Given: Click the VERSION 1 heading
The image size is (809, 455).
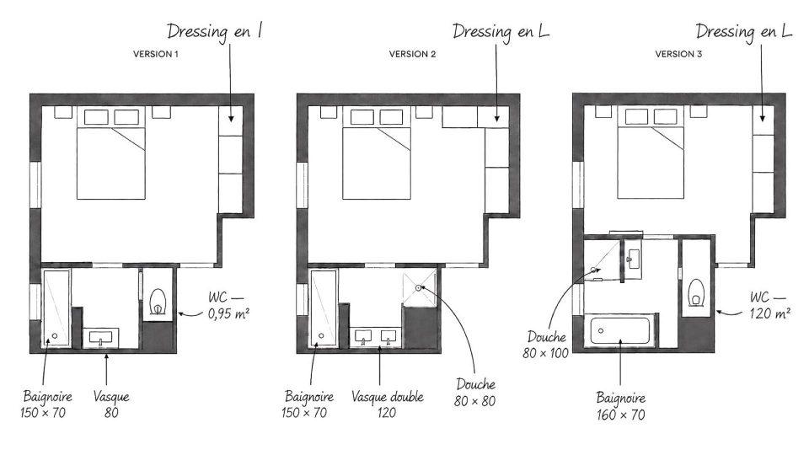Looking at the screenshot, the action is (x=156, y=54).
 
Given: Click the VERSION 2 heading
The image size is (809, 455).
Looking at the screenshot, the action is (x=412, y=54).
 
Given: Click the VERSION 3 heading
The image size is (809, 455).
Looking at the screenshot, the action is (x=678, y=54).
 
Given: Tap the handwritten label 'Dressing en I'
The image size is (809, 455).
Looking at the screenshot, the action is (x=214, y=32).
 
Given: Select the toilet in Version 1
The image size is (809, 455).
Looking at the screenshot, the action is (x=158, y=302).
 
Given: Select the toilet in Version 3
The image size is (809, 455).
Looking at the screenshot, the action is (x=697, y=292).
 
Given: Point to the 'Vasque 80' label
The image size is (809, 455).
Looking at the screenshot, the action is (x=111, y=404).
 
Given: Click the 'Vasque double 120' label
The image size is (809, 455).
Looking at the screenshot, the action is (x=388, y=404).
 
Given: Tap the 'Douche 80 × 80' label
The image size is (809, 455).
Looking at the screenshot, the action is (x=475, y=393).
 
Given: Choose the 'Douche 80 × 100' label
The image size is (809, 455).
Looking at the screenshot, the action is (x=546, y=345).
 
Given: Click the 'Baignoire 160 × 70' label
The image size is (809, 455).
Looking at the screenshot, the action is (x=621, y=406).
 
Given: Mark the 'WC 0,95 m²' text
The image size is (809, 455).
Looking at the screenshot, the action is (x=229, y=305).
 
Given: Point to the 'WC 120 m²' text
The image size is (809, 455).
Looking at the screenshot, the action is (x=769, y=305).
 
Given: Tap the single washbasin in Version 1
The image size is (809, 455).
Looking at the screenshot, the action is (x=100, y=338).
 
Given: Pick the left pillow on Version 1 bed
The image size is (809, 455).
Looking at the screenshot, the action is (x=96, y=117).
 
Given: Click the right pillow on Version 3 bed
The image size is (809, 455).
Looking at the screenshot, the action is (x=666, y=116).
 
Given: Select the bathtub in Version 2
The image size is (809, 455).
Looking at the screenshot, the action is (x=323, y=308).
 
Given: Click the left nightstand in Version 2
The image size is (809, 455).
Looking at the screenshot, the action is (x=329, y=112).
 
